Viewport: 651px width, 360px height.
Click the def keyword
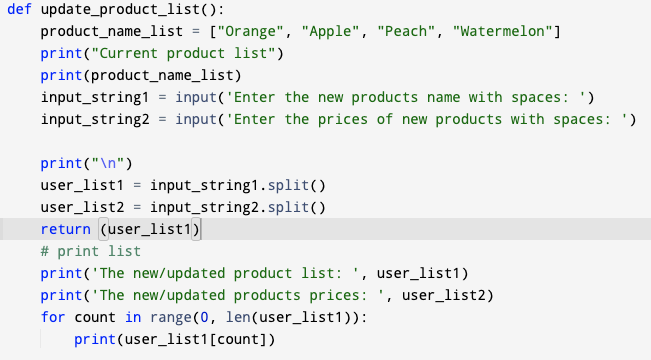[20, 10]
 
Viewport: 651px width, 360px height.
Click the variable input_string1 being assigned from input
[95, 98]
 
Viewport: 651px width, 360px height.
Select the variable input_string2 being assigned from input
[95, 120]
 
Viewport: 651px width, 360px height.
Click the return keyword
[66, 230]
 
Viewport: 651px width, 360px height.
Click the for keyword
[53, 318]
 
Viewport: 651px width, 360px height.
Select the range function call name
[166, 318]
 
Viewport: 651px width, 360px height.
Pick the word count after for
[95, 318]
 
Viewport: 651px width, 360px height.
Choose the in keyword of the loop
[132, 318]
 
